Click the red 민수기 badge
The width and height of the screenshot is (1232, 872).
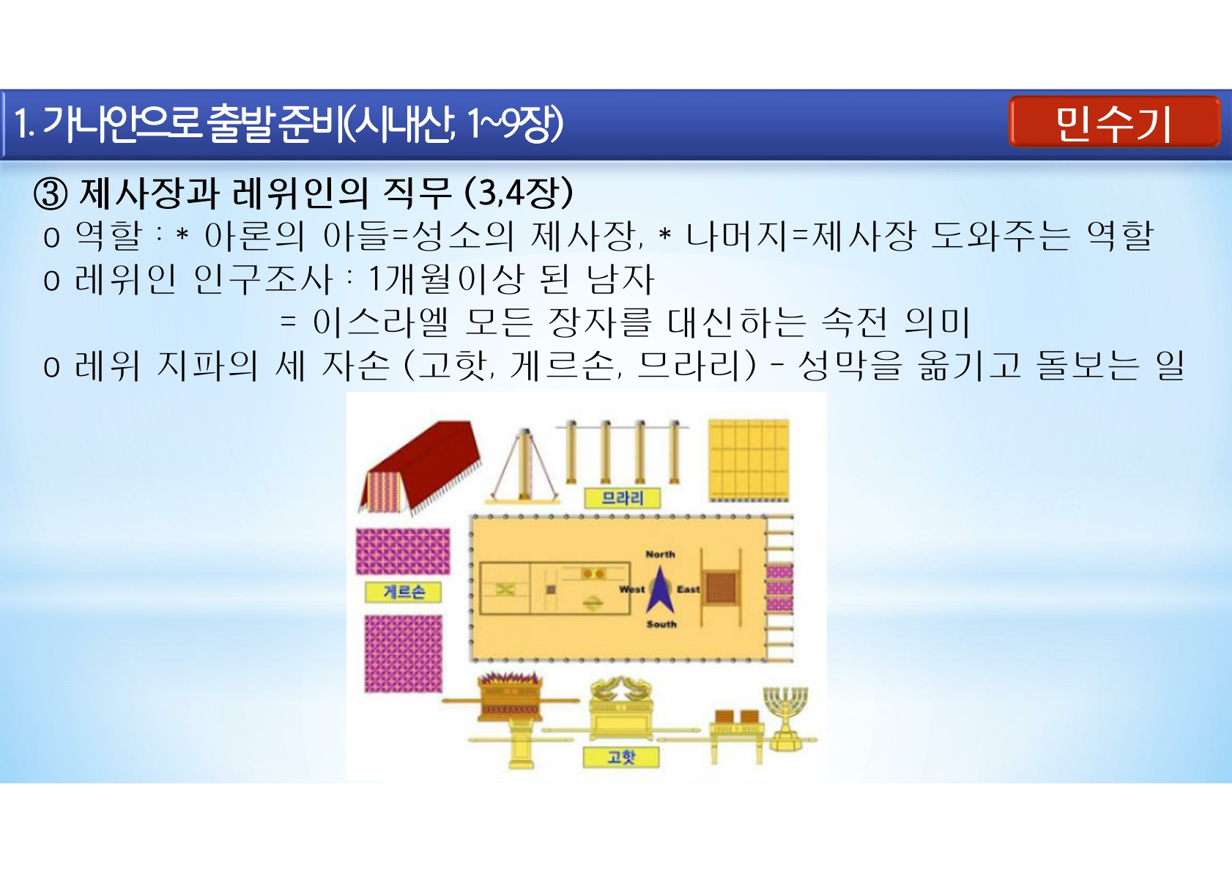click(1114, 122)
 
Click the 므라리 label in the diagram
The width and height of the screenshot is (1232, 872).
click(622, 498)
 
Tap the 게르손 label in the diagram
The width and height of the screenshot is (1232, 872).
click(404, 592)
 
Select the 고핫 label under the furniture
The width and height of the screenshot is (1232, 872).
click(621, 757)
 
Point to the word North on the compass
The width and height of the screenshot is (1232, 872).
click(660, 554)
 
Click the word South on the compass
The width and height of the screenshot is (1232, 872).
click(661, 624)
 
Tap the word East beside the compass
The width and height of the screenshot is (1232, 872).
click(688, 589)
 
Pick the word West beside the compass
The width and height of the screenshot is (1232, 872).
click(632, 589)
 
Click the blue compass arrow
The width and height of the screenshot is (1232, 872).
click(660, 590)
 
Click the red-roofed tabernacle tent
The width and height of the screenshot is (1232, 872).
click(419, 468)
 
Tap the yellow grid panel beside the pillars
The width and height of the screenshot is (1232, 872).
click(749, 460)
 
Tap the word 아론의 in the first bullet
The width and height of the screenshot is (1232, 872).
click(254, 237)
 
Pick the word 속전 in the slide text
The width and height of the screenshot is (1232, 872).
click(854, 322)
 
